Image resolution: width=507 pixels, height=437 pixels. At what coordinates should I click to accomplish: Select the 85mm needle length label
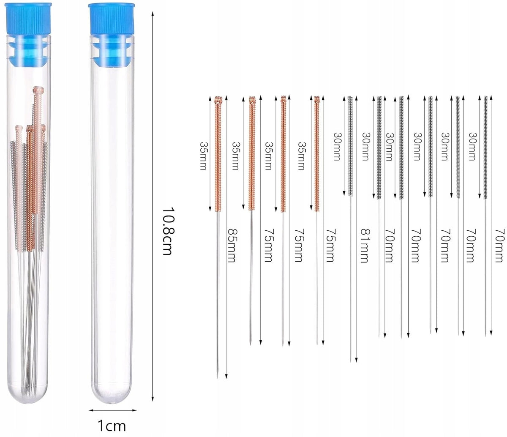(232, 246)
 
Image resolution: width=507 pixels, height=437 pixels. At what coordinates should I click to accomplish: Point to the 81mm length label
(365, 246)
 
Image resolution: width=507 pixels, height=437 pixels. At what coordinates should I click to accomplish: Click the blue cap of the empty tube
(112, 19)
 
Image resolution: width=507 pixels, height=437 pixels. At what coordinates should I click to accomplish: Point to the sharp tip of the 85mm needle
(218, 378)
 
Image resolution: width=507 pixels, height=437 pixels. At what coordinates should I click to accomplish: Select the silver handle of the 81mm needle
(350, 146)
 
